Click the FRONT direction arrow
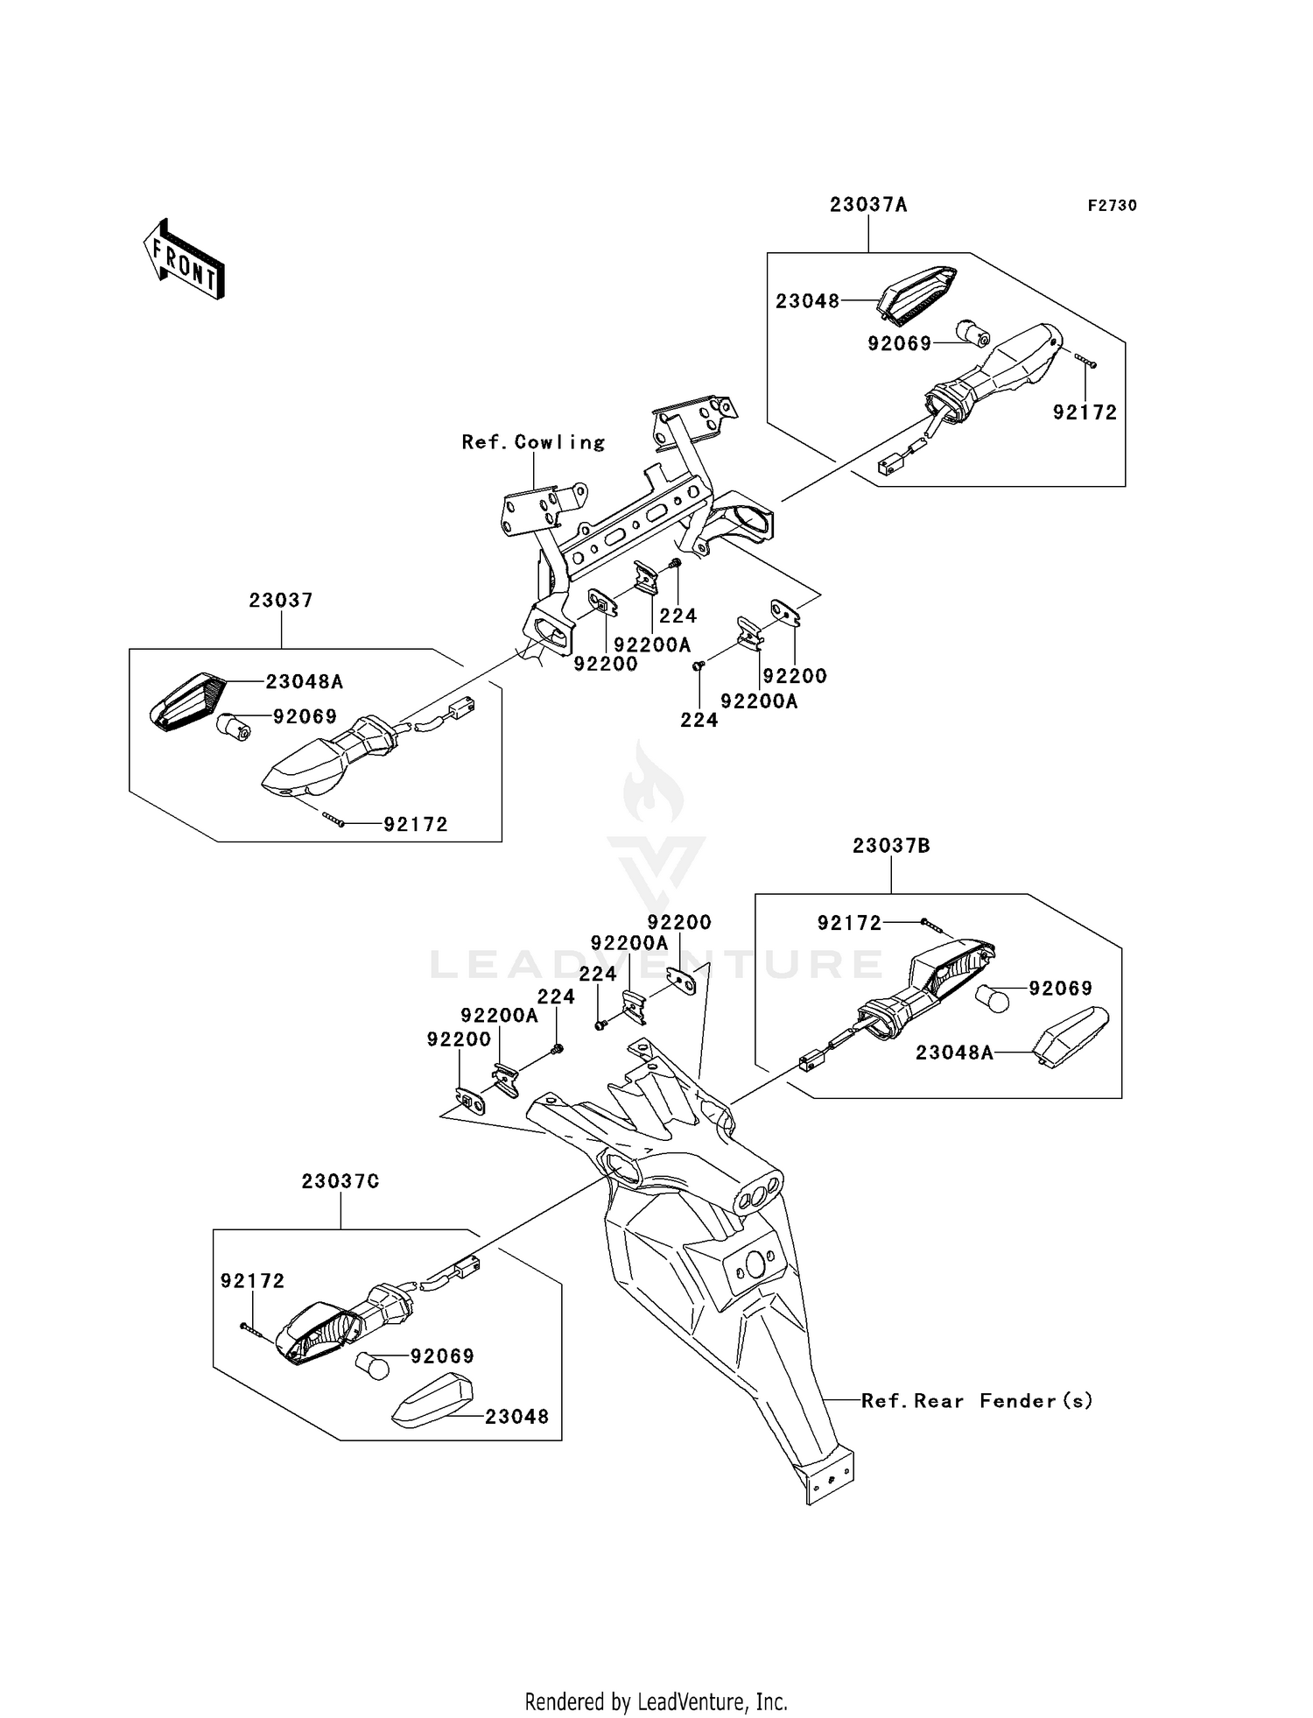pyautogui.click(x=185, y=260)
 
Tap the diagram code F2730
pyautogui.click(x=1112, y=206)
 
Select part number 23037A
pyautogui.click(x=868, y=205)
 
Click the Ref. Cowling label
pyautogui.click(x=533, y=442)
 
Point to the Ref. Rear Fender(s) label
pyautogui.click(x=977, y=1401)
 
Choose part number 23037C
pyautogui.click(x=341, y=1181)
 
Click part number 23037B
pyautogui.click(x=891, y=846)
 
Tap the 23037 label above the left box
pyautogui.click(x=281, y=601)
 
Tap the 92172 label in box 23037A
pyautogui.click(x=1085, y=412)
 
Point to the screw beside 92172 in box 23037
pyautogui.click(x=334, y=820)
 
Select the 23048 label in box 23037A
pyautogui.click(x=807, y=301)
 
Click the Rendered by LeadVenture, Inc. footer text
pyautogui.click(x=656, y=1702)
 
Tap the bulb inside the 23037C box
pyautogui.click(x=371, y=1366)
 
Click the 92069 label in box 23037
pyautogui.click(x=305, y=717)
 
